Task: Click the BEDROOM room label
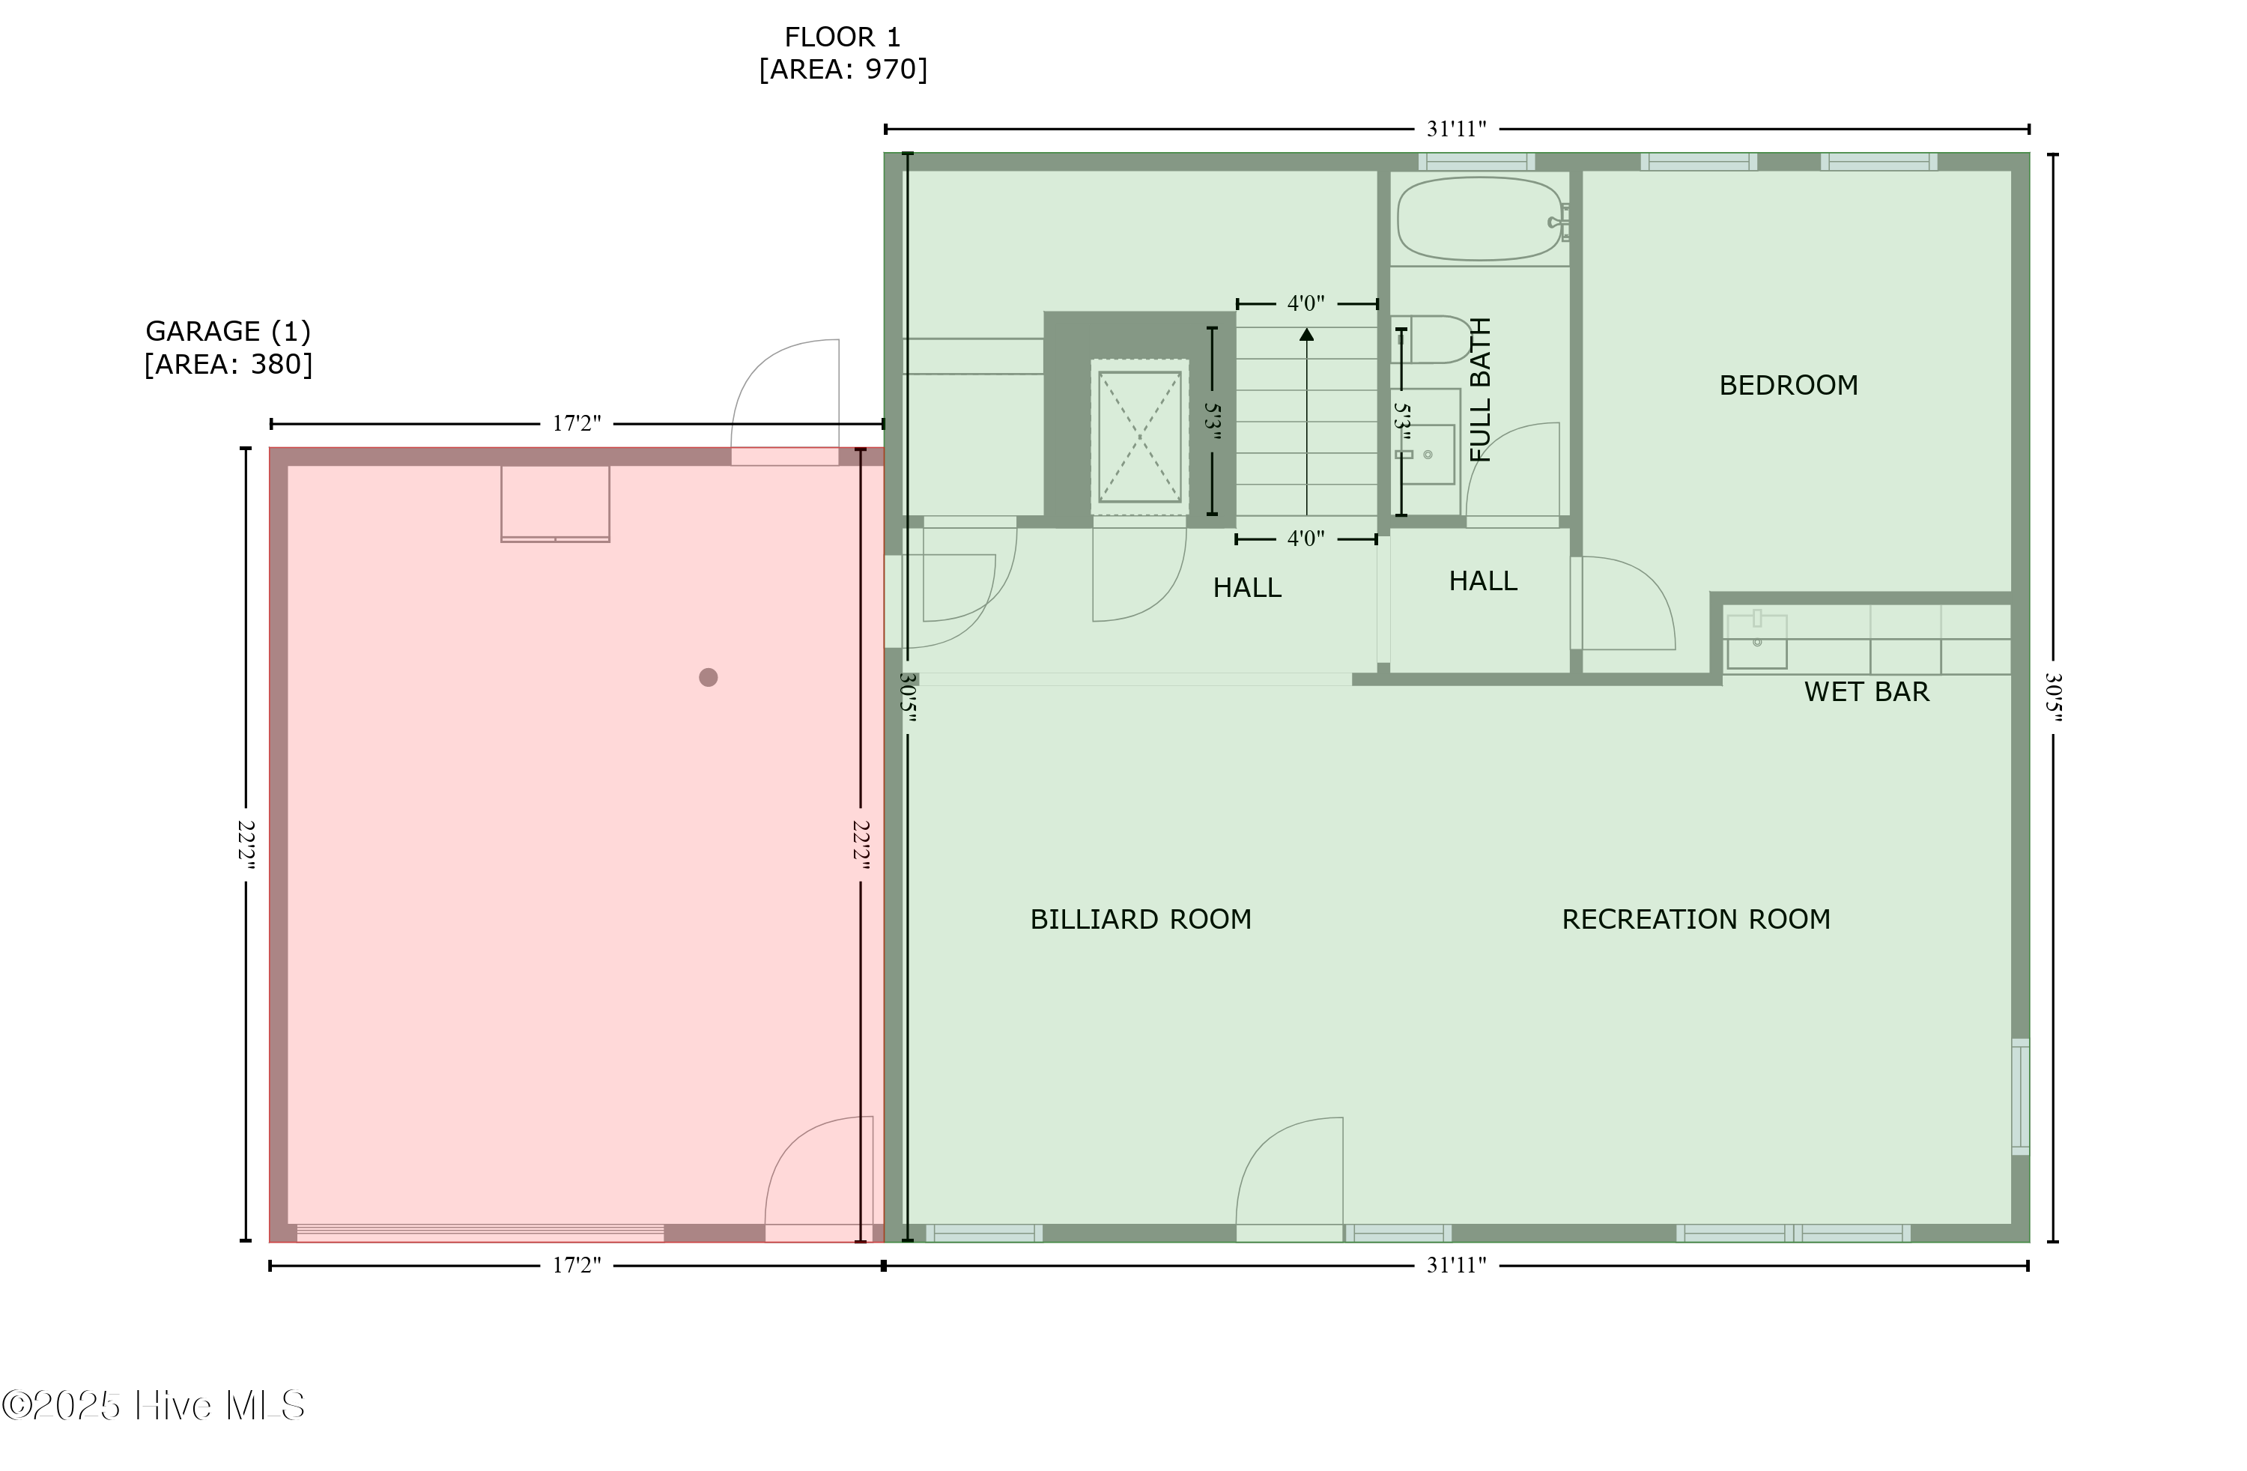[x=1787, y=385]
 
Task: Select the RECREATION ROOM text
[x=1696, y=920]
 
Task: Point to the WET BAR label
[x=1866, y=692]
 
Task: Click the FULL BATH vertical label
[x=1480, y=389]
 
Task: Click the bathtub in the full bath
[x=1479, y=219]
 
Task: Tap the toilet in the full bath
[x=1433, y=340]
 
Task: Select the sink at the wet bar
[x=1756, y=642]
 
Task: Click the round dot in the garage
[x=708, y=677]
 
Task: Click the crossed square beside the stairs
[x=1139, y=437]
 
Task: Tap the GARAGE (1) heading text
[x=228, y=331]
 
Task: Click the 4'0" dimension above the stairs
[x=1306, y=304]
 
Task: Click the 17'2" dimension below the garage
[x=576, y=1265]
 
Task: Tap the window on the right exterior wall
[x=2019, y=1097]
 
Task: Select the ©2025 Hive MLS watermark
[x=153, y=1406]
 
